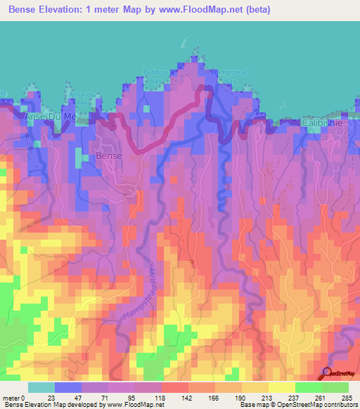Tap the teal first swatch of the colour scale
[x=41, y=387]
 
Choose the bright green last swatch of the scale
[x=335, y=387]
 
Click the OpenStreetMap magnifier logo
[x=328, y=374]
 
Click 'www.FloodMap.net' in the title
[x=191, y=9]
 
